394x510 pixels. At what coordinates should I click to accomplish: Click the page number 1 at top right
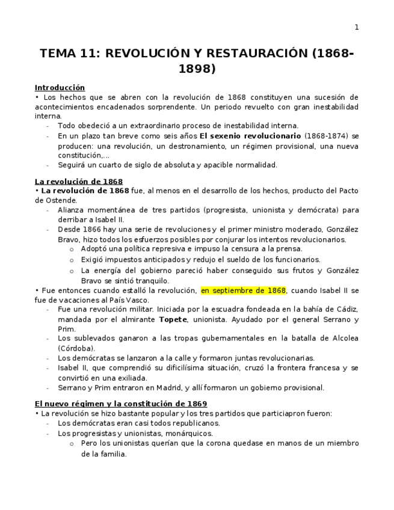pyautogui.click(x=356, y=27)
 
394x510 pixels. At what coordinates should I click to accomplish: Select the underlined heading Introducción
pyautogui.click(x=60, y=87)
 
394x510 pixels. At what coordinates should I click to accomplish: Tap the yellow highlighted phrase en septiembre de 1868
pyautogui.click(x=243, y=290)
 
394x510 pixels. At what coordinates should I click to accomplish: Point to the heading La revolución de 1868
pyautogui.click(x=78, y=181)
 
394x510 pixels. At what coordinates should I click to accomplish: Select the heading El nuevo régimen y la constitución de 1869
pyautogui.click(x=120, y=404)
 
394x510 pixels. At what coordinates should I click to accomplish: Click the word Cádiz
pyautogui.click(x=347, y=310)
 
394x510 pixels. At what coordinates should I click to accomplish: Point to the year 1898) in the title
pyautogui.click(x=197, y=69)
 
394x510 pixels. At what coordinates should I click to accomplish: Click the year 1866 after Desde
pyautogui.click(x=93, y=229)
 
